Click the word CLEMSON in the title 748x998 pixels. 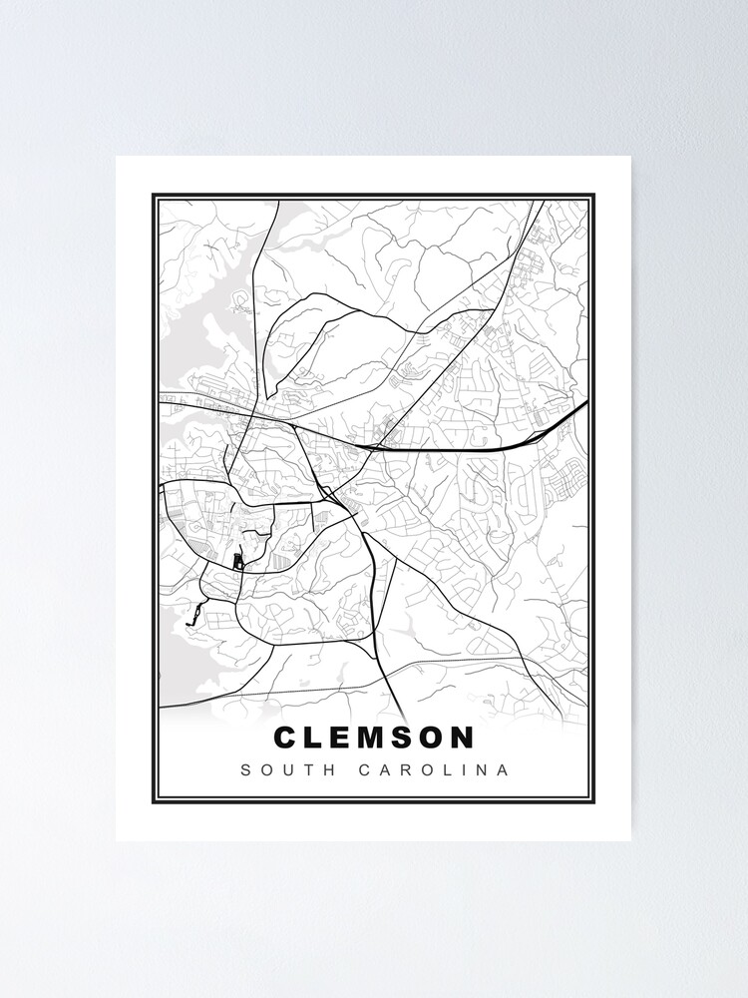click(374, 738)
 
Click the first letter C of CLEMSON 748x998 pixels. click(284, 738)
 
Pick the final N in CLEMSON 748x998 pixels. click(462, 738)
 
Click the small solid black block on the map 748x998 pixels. click(237, 563)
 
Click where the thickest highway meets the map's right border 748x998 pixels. click(586, 402)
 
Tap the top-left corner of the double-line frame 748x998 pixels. click(154, 196)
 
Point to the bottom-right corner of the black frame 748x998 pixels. click(594, 802)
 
